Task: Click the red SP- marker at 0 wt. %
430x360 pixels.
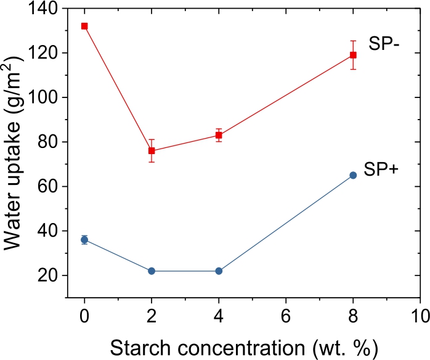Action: (84, 26)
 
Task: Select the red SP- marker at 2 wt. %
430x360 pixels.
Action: (152, 150)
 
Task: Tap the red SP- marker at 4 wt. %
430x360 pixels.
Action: (219, 135)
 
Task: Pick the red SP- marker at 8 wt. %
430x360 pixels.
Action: (353, 55)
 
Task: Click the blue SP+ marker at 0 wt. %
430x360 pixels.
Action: (84, 240)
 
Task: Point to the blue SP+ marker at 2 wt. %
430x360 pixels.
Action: (152, 271)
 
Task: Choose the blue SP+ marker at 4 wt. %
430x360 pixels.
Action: (219, 271)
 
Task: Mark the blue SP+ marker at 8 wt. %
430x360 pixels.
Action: (353, 175)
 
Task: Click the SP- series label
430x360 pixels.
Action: (385, 44)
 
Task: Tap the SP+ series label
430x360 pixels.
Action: (381, 170)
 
